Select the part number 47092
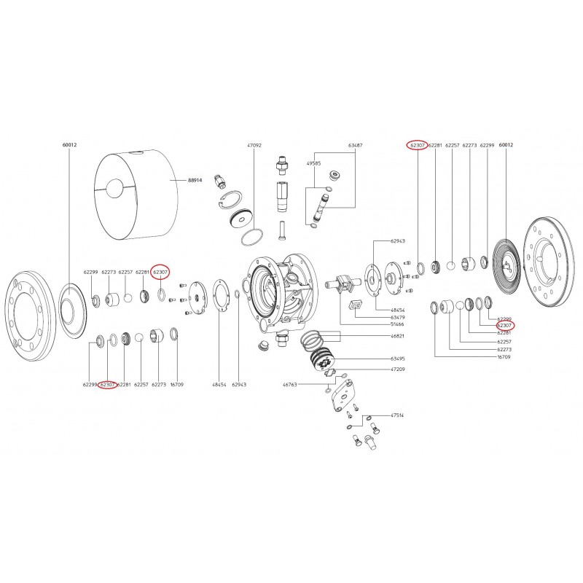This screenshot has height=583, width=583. [254, 146]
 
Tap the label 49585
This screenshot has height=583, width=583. [313, 164]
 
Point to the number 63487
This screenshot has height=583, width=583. [355, 146]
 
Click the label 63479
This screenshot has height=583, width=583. [398, 318]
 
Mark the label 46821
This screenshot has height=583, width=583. [398, 337]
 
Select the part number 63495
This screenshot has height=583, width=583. [398, 359]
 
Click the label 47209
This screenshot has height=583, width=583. [398, 369]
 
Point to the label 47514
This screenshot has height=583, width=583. [397, 415]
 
